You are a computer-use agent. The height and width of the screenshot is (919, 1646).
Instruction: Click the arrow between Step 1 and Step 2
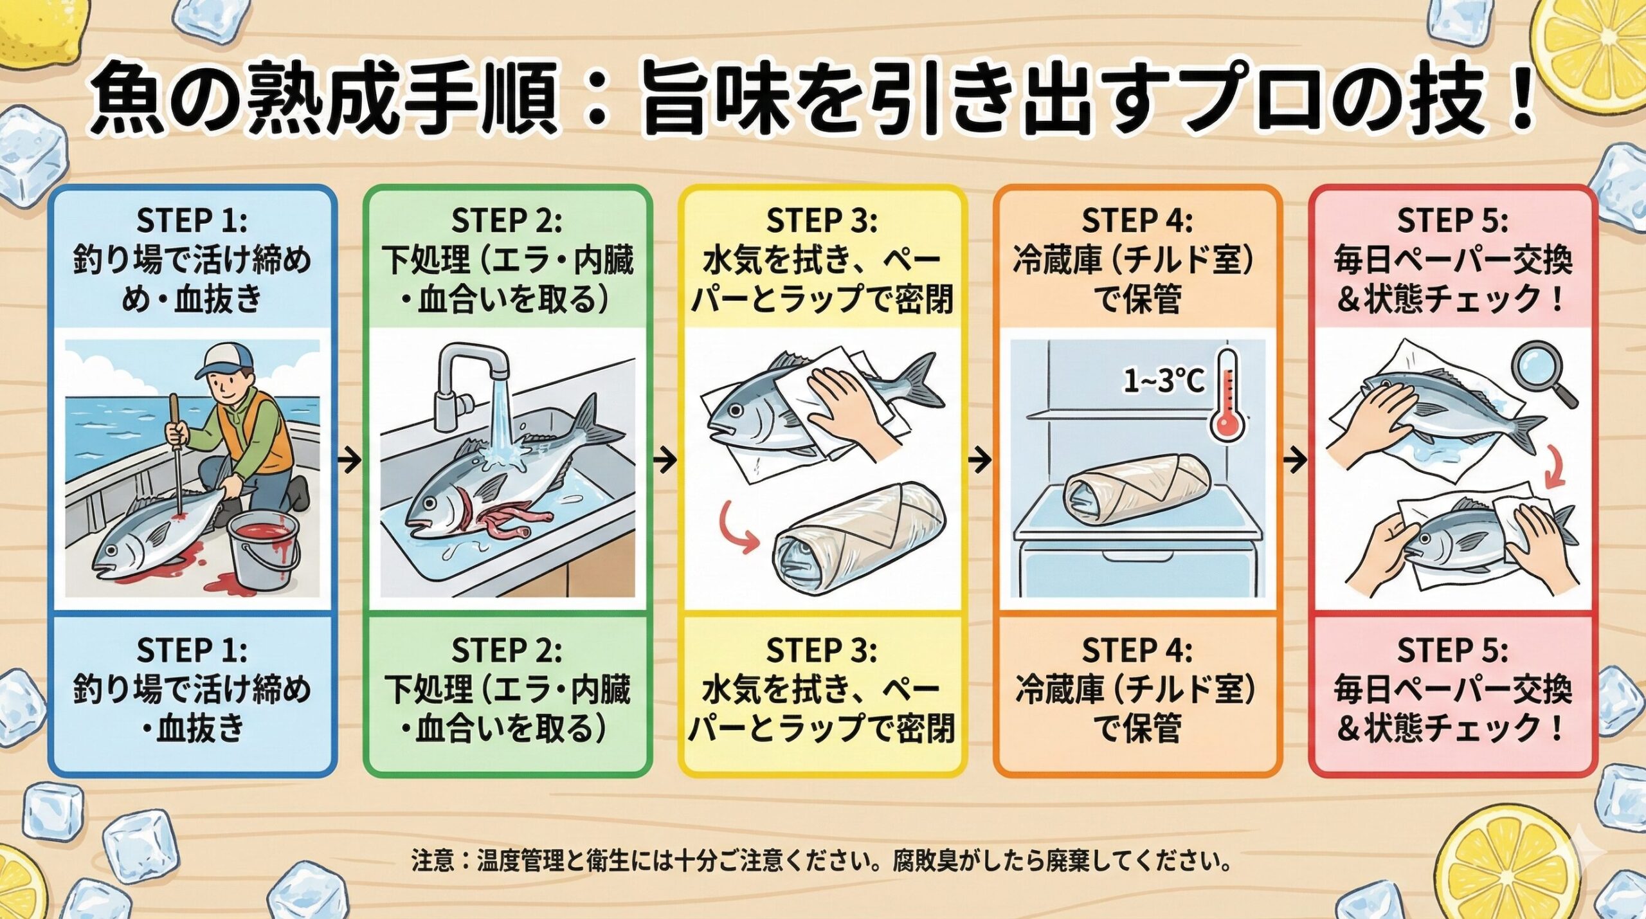349,460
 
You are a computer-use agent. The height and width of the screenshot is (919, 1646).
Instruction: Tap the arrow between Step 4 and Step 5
1295,460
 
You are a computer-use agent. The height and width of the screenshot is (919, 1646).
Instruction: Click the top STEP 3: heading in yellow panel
821,221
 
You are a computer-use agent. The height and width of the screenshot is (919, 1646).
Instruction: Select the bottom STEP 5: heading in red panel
1452,650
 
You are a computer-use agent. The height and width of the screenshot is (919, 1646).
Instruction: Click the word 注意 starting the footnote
432,860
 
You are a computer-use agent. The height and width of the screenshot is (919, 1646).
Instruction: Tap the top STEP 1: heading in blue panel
192,221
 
